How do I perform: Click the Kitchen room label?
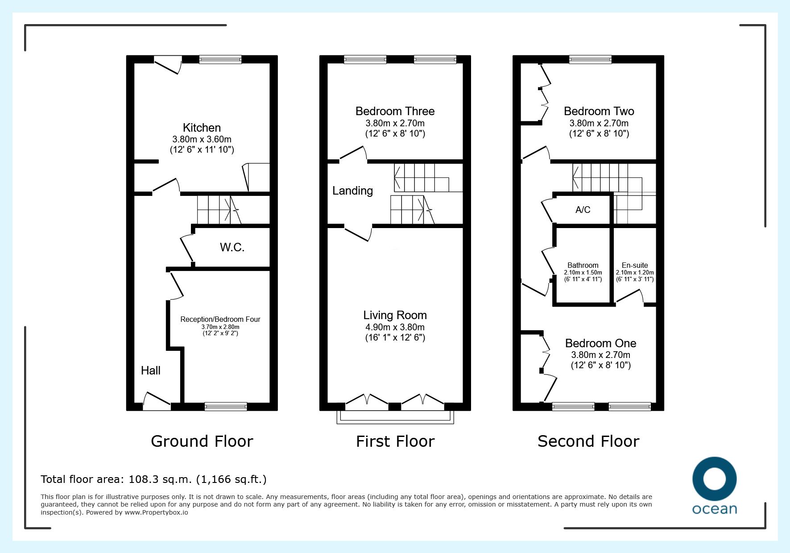[202, 128]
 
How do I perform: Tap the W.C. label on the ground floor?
[232, 247]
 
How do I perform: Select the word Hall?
[151, 370]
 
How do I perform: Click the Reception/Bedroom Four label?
[220, 319]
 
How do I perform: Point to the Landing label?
[352, 191]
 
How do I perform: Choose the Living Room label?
[395, 316]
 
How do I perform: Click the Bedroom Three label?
[395, 111]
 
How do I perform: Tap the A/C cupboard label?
[583, 210]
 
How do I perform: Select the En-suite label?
[635, 265]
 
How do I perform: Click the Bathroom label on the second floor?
[583, 265]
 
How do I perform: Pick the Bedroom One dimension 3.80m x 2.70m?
[601, 355]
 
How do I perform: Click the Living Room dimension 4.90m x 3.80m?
[395, 327]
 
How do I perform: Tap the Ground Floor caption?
[202, 441]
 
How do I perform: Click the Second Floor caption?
[588, 441]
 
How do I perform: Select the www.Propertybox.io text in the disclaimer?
[156, 512]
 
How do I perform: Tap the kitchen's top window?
[220, 59]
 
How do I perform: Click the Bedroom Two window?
[590, 59]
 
